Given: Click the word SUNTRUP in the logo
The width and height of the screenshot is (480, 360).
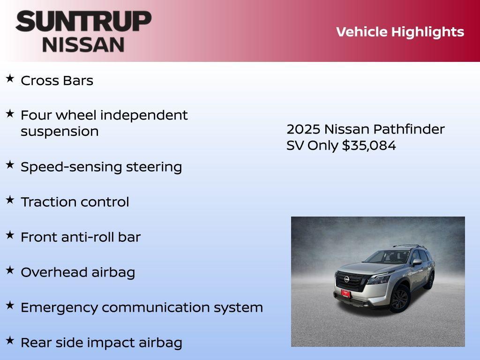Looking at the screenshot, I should pos(83,22).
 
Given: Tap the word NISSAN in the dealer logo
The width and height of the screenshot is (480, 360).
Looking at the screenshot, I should pos(83,44).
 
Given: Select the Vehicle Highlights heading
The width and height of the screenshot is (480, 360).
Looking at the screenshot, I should pos(400,32).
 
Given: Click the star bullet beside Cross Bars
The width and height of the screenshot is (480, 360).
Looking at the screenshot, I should pos(10,79).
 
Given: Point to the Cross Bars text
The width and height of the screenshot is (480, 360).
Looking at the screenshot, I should pos(57,81).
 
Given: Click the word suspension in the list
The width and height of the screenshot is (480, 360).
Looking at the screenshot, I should pos(60,132).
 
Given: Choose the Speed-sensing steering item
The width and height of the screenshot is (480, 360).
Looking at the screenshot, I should pos(101,167).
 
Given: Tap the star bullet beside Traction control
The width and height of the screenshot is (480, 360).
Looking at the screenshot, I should pos(10,200).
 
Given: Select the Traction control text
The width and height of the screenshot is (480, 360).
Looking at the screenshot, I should pos(75,202).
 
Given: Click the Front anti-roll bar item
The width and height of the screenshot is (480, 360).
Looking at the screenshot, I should pos(80,237).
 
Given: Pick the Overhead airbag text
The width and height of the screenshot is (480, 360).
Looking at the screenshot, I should pos(78,272).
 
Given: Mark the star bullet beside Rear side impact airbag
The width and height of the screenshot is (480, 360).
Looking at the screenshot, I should pos(10,340).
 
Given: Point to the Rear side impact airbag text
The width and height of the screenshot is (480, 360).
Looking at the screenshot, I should pos(101,343).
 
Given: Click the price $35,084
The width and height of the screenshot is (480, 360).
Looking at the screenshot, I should pos(369,146).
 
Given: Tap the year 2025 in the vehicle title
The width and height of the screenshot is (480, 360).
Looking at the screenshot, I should pos(303,129).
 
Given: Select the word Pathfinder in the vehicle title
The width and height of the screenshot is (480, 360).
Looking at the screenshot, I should pos(415,129).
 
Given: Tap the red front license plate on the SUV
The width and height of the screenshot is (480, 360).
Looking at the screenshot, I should pos(345,294).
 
